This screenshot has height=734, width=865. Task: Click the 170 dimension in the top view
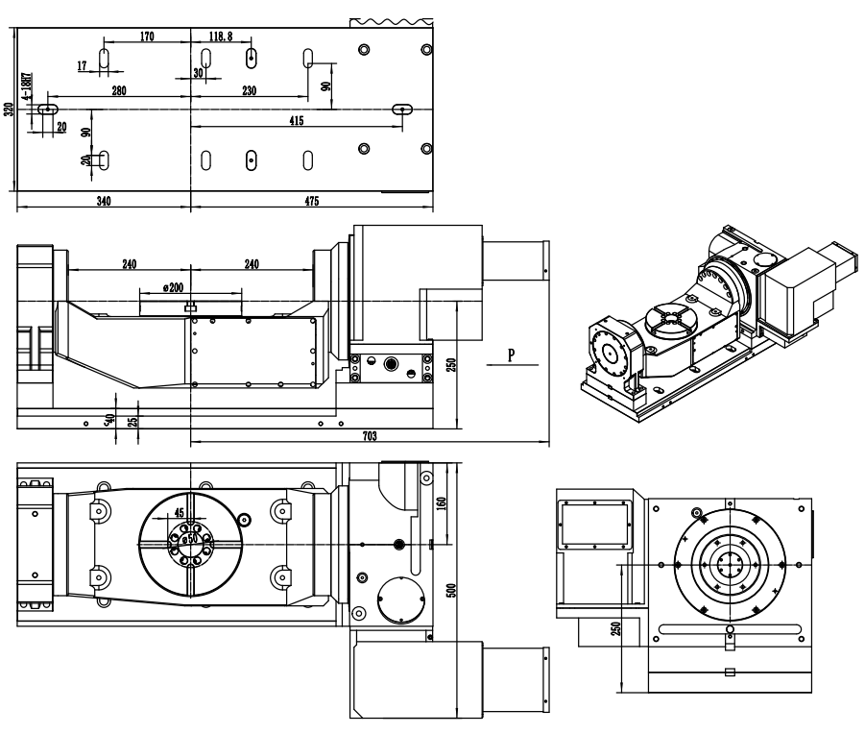point(146,37)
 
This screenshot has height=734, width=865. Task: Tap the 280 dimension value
point(119,90)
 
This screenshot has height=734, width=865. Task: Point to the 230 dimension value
point(250,90)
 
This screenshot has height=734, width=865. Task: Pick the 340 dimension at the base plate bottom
point(104,201)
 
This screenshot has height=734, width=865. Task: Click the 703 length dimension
point(370,436)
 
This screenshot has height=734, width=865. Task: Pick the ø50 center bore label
point(190,538)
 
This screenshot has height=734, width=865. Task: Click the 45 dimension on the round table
point(180,512)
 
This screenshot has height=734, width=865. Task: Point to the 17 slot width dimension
point(82,65)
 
